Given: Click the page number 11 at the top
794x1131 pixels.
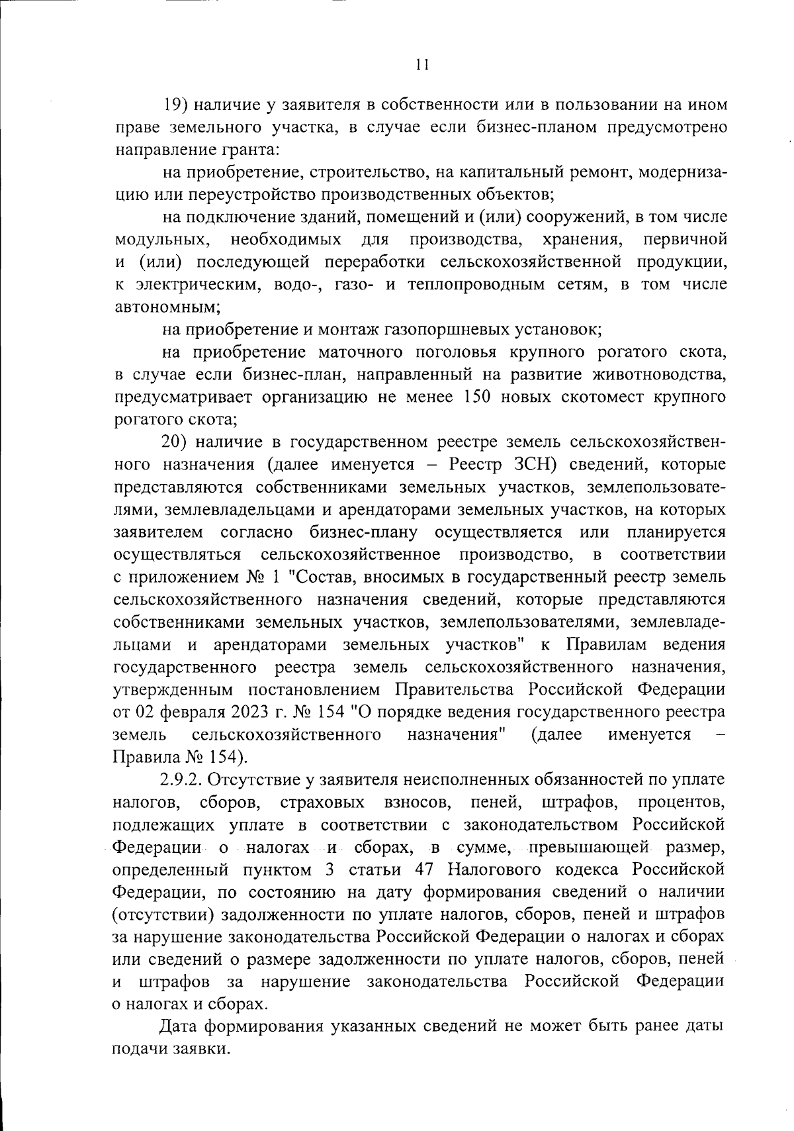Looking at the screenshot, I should (x=423, y=64).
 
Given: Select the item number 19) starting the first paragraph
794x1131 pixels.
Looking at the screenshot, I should (x=177, y=105).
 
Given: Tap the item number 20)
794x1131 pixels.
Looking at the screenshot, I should (x=178, y=442).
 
